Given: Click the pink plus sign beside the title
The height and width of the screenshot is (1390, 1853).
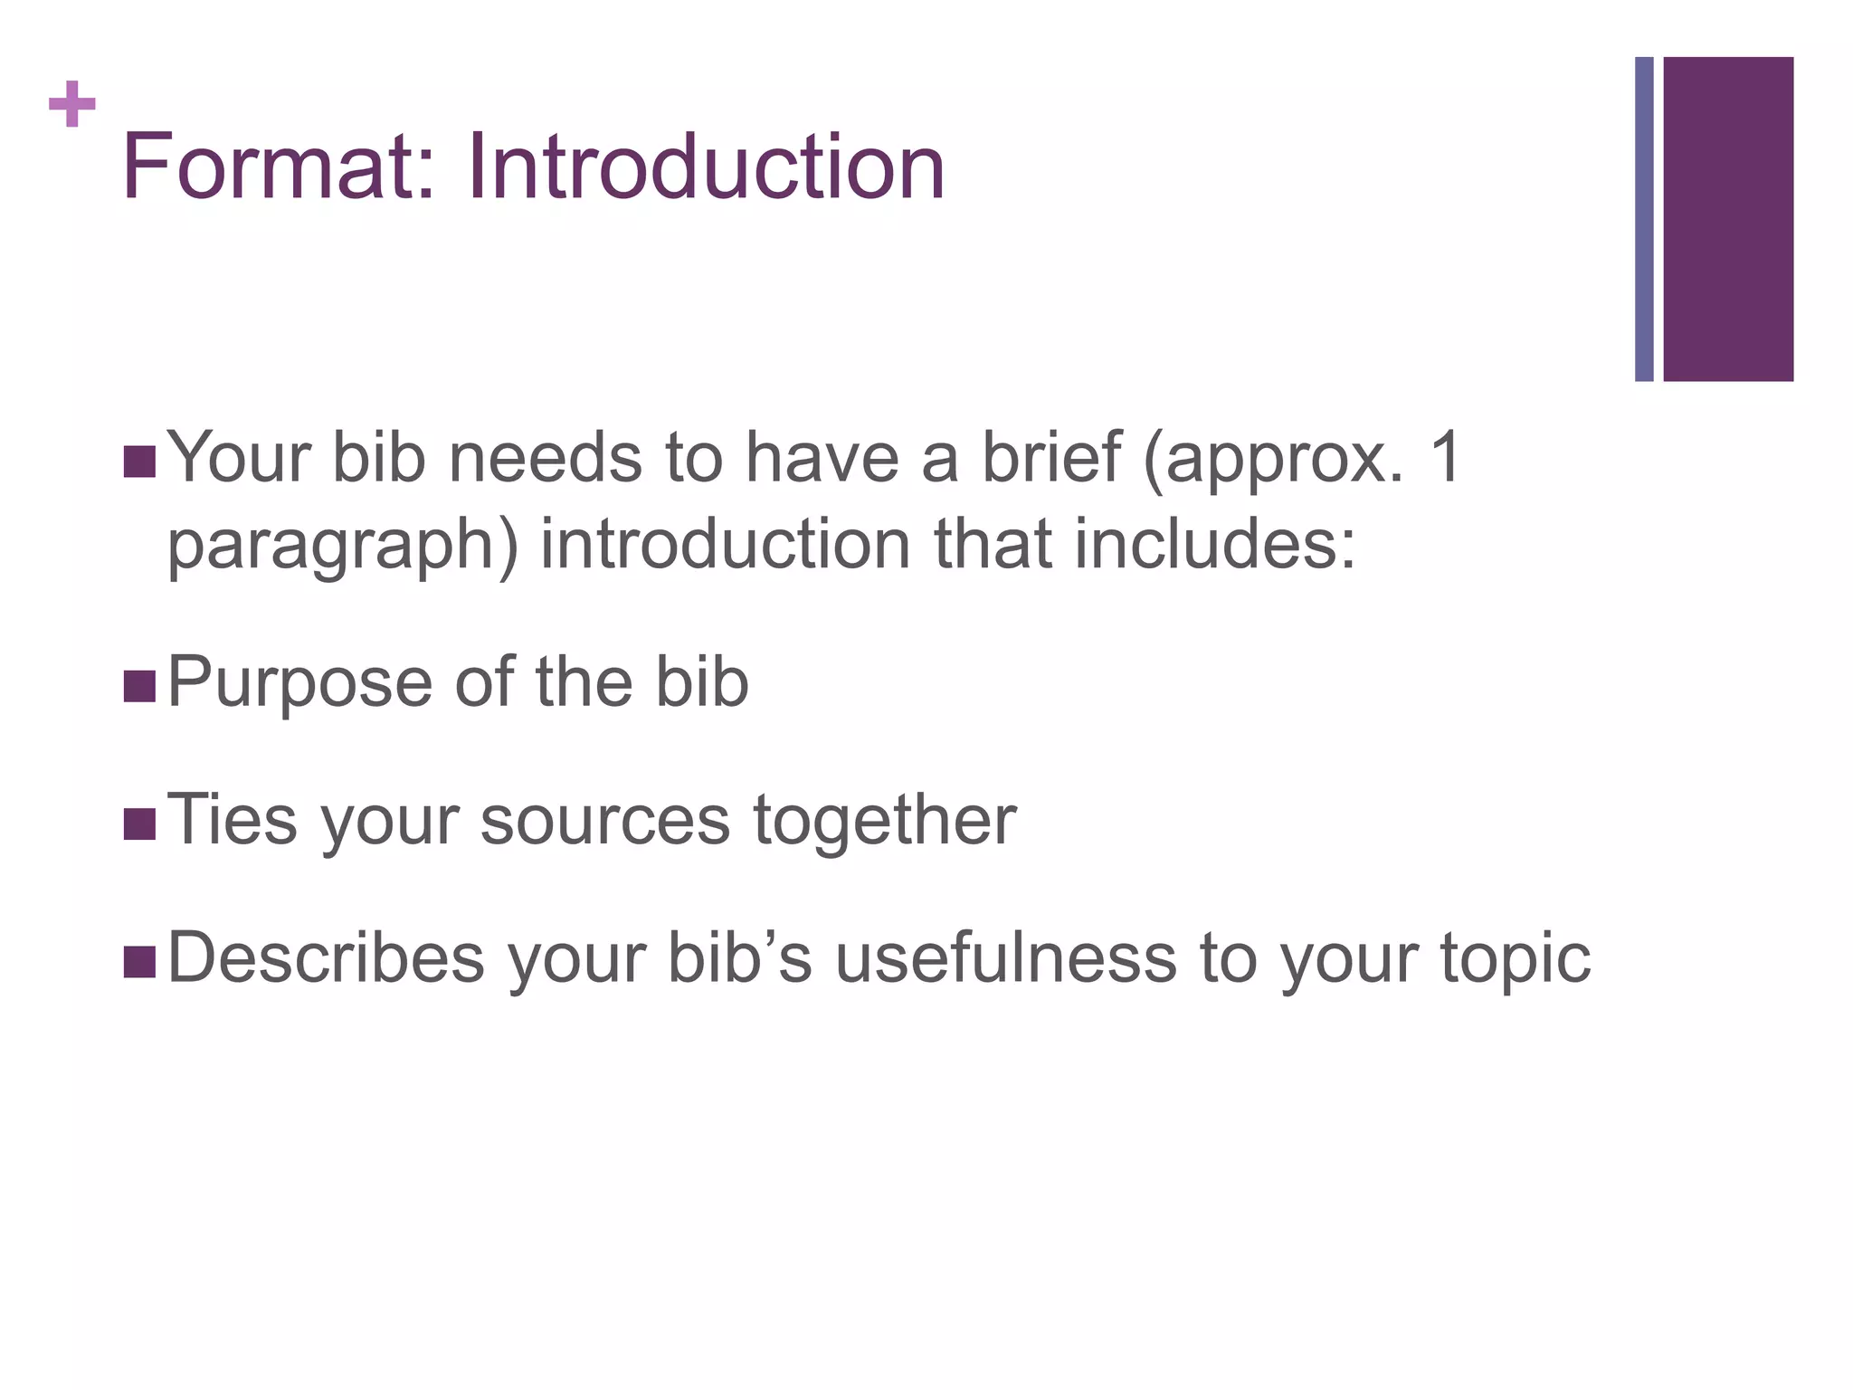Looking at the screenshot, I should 72,104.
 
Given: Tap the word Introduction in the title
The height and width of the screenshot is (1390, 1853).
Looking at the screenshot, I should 706,167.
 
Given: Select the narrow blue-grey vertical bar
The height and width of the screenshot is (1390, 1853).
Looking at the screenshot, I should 1644,219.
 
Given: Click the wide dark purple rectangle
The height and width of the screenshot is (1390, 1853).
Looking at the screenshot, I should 1728,219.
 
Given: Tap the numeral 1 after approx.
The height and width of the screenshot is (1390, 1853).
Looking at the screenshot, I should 1446,457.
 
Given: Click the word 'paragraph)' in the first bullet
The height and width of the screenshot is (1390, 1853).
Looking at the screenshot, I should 343,547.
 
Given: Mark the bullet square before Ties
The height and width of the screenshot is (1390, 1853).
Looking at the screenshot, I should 139,824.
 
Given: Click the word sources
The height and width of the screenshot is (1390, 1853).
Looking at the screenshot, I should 604,822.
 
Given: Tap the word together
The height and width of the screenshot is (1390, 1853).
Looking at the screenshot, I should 884,822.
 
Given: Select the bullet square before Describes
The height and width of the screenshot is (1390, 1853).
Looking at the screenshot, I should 139,963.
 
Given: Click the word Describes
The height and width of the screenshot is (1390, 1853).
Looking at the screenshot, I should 326,958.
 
